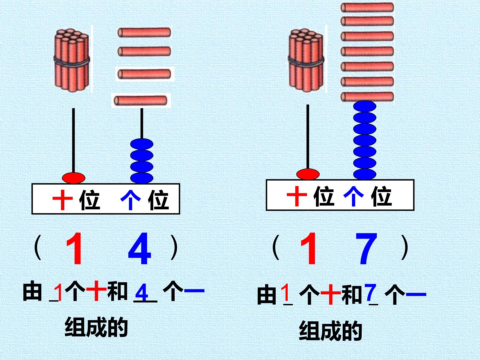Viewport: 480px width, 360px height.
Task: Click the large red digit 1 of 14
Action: click(x=75, y=248)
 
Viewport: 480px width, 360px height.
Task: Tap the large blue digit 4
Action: click(x=140, y=248)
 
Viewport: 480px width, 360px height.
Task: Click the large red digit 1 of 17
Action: click(x=309, y=248)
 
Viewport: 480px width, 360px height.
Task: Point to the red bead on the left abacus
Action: click(x=73, y=178)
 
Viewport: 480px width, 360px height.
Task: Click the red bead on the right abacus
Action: click(x=308, y=174)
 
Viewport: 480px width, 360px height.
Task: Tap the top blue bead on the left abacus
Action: click(x=142, y=144)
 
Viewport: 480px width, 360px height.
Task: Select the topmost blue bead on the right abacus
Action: click(x=365, y=106)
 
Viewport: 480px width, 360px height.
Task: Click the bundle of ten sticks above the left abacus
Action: click(x=72, y=60)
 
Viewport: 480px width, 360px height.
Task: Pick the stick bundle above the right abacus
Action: click(x=306, y=60)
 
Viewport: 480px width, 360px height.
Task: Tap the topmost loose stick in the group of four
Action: click(x=144, y=33)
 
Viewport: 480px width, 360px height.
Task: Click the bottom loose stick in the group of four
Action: click(x=141, y=101)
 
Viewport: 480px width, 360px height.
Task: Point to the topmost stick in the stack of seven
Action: click(x=367, y=7)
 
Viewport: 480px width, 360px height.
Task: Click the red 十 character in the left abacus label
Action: click(x=63, y=200)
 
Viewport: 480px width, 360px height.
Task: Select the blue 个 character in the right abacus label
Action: click(x=353, y=196)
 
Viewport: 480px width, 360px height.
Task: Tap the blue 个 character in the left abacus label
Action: click(x=131, y=200)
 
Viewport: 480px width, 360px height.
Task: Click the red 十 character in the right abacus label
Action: click(x=297, y=196)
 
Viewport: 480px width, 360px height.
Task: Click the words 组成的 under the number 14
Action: click(x=96, y=327)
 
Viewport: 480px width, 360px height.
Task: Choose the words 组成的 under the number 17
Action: click(x=330, y=330)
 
